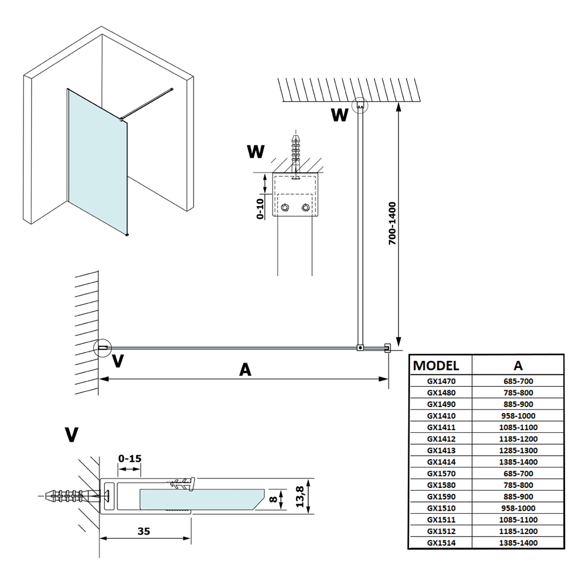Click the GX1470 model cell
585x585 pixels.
pos(441,381)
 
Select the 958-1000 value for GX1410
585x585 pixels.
pos(518,416)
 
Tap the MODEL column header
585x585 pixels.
pos(436,366)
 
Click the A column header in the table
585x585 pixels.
pos(518,366)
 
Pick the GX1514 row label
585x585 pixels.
pos(441,543)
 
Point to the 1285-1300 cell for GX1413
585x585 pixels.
pos(518,450)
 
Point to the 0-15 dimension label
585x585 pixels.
pos(129,458)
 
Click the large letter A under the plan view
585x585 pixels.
pos(245,370)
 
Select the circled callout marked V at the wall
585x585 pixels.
pos(102,348)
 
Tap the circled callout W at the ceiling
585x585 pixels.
pos(360,105)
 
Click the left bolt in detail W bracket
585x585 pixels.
pos(285,208)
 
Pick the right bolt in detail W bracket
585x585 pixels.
pos(305,208)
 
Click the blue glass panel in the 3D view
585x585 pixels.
pos(97,158)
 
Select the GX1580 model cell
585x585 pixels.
pos(441,485)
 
